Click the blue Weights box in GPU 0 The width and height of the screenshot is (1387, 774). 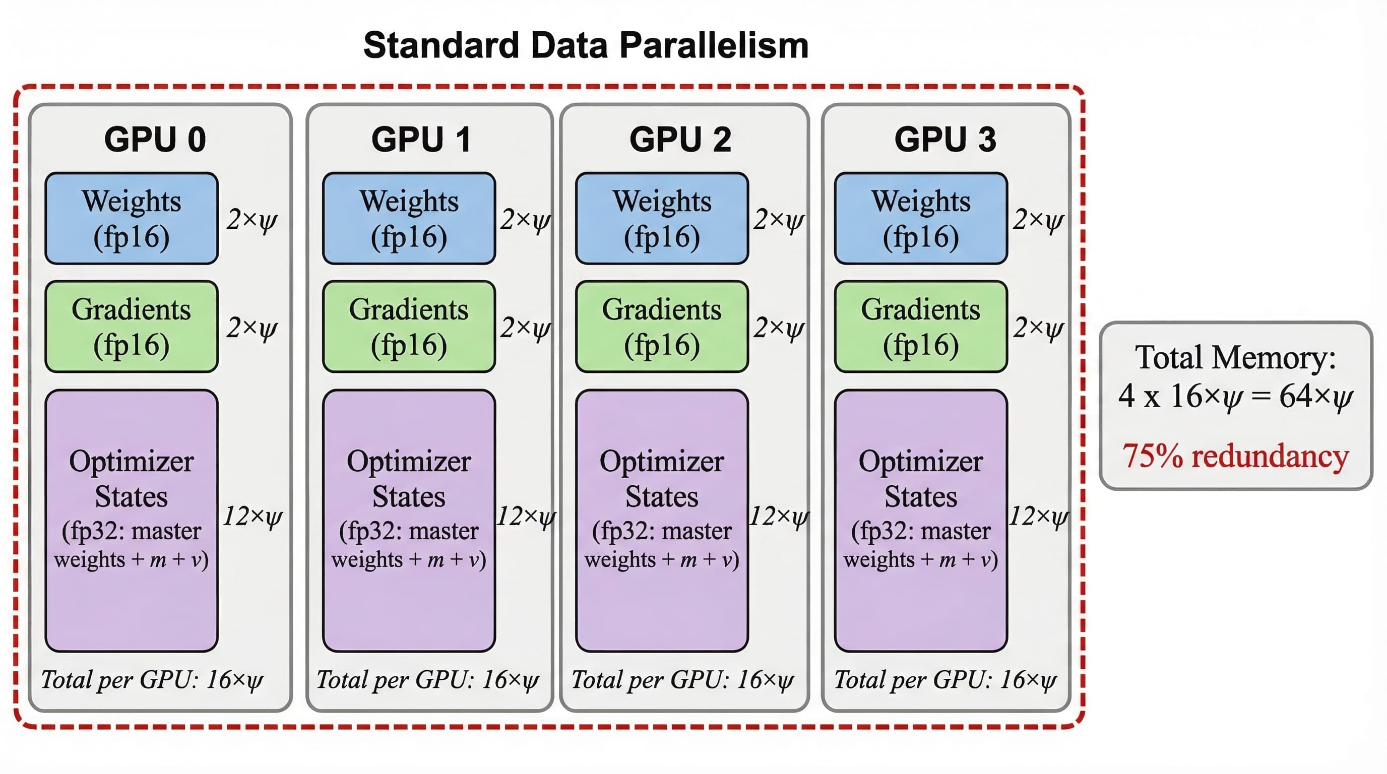click(132, 218)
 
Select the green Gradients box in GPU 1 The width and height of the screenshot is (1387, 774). click(409, 326)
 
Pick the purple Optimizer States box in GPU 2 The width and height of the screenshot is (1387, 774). click(662, 521)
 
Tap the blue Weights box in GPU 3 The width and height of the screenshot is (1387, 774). click(921, 218)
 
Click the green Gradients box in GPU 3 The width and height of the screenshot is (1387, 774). click(921, 326)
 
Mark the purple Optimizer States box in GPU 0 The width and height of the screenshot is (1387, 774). click(132, 521)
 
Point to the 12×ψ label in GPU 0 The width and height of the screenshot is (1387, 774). click(253, 517)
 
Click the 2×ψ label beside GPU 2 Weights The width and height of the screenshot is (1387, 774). click(779, 220)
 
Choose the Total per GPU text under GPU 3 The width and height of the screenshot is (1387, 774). click(945, 680)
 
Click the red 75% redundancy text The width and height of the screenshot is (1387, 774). click(1236, 456)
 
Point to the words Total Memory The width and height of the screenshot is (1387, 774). click(1236, 357)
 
